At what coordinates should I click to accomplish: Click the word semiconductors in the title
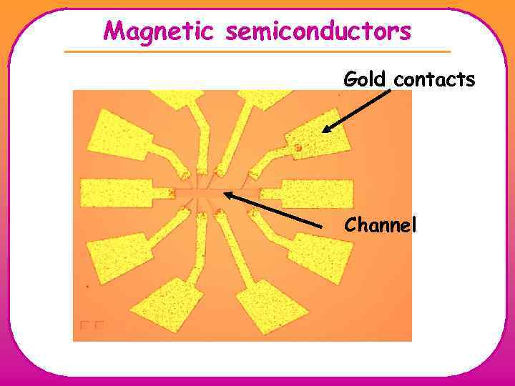(315, 31)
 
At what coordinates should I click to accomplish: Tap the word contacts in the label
(434, 79)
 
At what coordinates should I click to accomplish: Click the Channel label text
(380, 225)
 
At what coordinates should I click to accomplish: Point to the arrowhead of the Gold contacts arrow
(324, 131)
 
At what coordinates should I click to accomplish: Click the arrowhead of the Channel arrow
(227, 191)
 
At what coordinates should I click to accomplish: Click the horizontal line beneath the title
(257, 51)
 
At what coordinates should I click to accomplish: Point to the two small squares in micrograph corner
(92, 325)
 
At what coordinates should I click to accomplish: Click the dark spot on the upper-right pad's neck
(298, 149)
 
